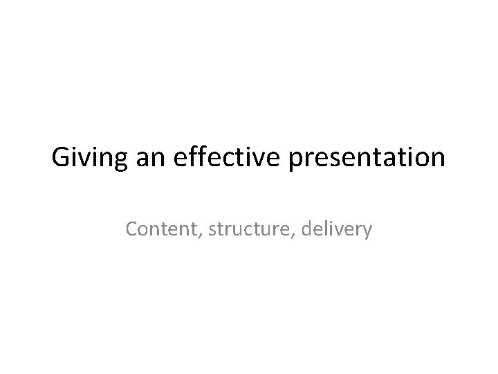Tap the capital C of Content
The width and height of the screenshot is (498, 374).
[x=131, y=229]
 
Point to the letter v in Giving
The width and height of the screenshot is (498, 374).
[x=82, y=160]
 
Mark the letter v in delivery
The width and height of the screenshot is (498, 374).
[x=338, y=230]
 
